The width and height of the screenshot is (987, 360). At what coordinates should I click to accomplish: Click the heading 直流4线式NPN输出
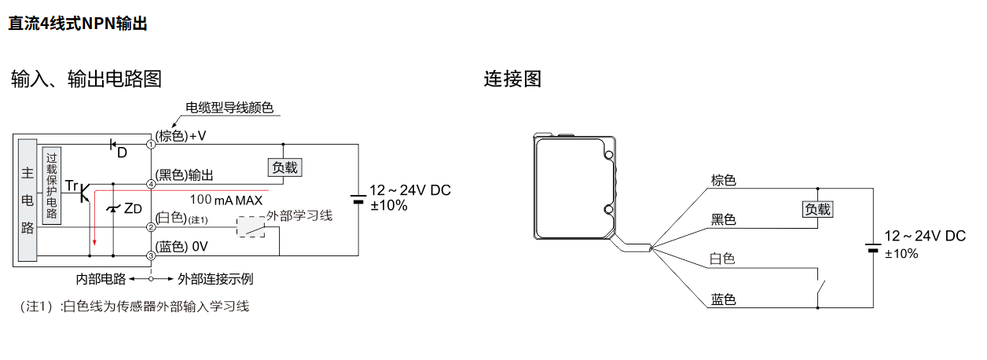[x=78, y=24]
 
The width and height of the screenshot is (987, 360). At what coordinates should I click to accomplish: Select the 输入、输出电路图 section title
[x=86, y=79]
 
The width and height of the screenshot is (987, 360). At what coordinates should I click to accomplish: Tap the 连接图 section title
[x=512, y=79]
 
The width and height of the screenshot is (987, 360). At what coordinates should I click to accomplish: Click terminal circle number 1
[x=151, y=144]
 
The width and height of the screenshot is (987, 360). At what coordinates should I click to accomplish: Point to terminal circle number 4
[x=151, y=184]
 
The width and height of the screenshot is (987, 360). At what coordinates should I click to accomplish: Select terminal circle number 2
[x=151, y=227]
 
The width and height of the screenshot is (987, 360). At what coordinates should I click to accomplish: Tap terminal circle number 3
[x=151, y=255]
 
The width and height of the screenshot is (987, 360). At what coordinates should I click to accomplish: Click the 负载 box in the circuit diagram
[x=285, y=167]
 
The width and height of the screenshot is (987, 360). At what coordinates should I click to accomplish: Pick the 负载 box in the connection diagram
[x=817, y=209]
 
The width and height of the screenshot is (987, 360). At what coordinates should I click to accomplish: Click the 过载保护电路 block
[x=52, y=186]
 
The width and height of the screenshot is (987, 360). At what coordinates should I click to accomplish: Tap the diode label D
[x=122, y=152]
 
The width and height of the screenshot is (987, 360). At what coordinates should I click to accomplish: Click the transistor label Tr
[x=72, y=186]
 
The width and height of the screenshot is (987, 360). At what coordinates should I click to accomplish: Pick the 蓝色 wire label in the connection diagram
[x=723, y=299]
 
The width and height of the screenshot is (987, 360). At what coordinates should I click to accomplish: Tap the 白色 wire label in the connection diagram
[x=723, y=259]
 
